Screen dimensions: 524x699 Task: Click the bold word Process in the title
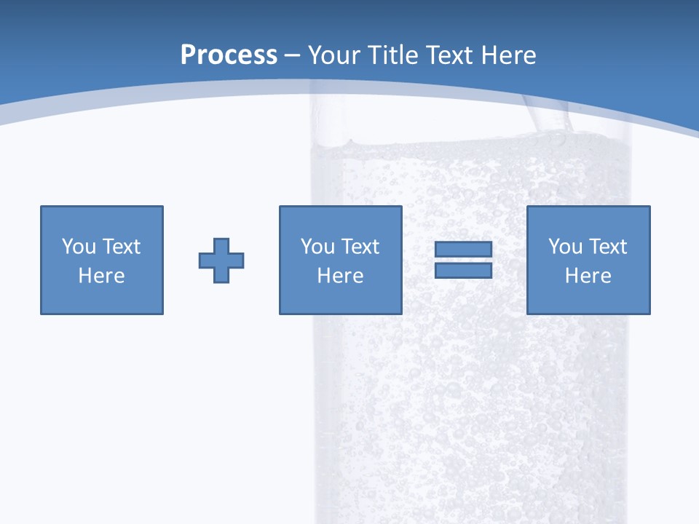point(229,55)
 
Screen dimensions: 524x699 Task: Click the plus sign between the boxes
point(221,261)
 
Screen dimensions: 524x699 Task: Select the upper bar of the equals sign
point(463,250)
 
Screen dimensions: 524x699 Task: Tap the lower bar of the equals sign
point(463,270)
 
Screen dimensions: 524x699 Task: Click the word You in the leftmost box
point(79,247)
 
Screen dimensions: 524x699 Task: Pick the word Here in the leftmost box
point(102,276)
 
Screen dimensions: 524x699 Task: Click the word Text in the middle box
point(360,247)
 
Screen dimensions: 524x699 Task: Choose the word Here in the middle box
point(340,276)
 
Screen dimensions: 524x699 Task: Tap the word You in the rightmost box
point(565,247)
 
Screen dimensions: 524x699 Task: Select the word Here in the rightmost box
point(588,276)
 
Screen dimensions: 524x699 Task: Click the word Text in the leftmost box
point(121,247)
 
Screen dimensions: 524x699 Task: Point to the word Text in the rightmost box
point(608,247)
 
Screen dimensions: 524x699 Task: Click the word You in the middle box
point(317,247)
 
